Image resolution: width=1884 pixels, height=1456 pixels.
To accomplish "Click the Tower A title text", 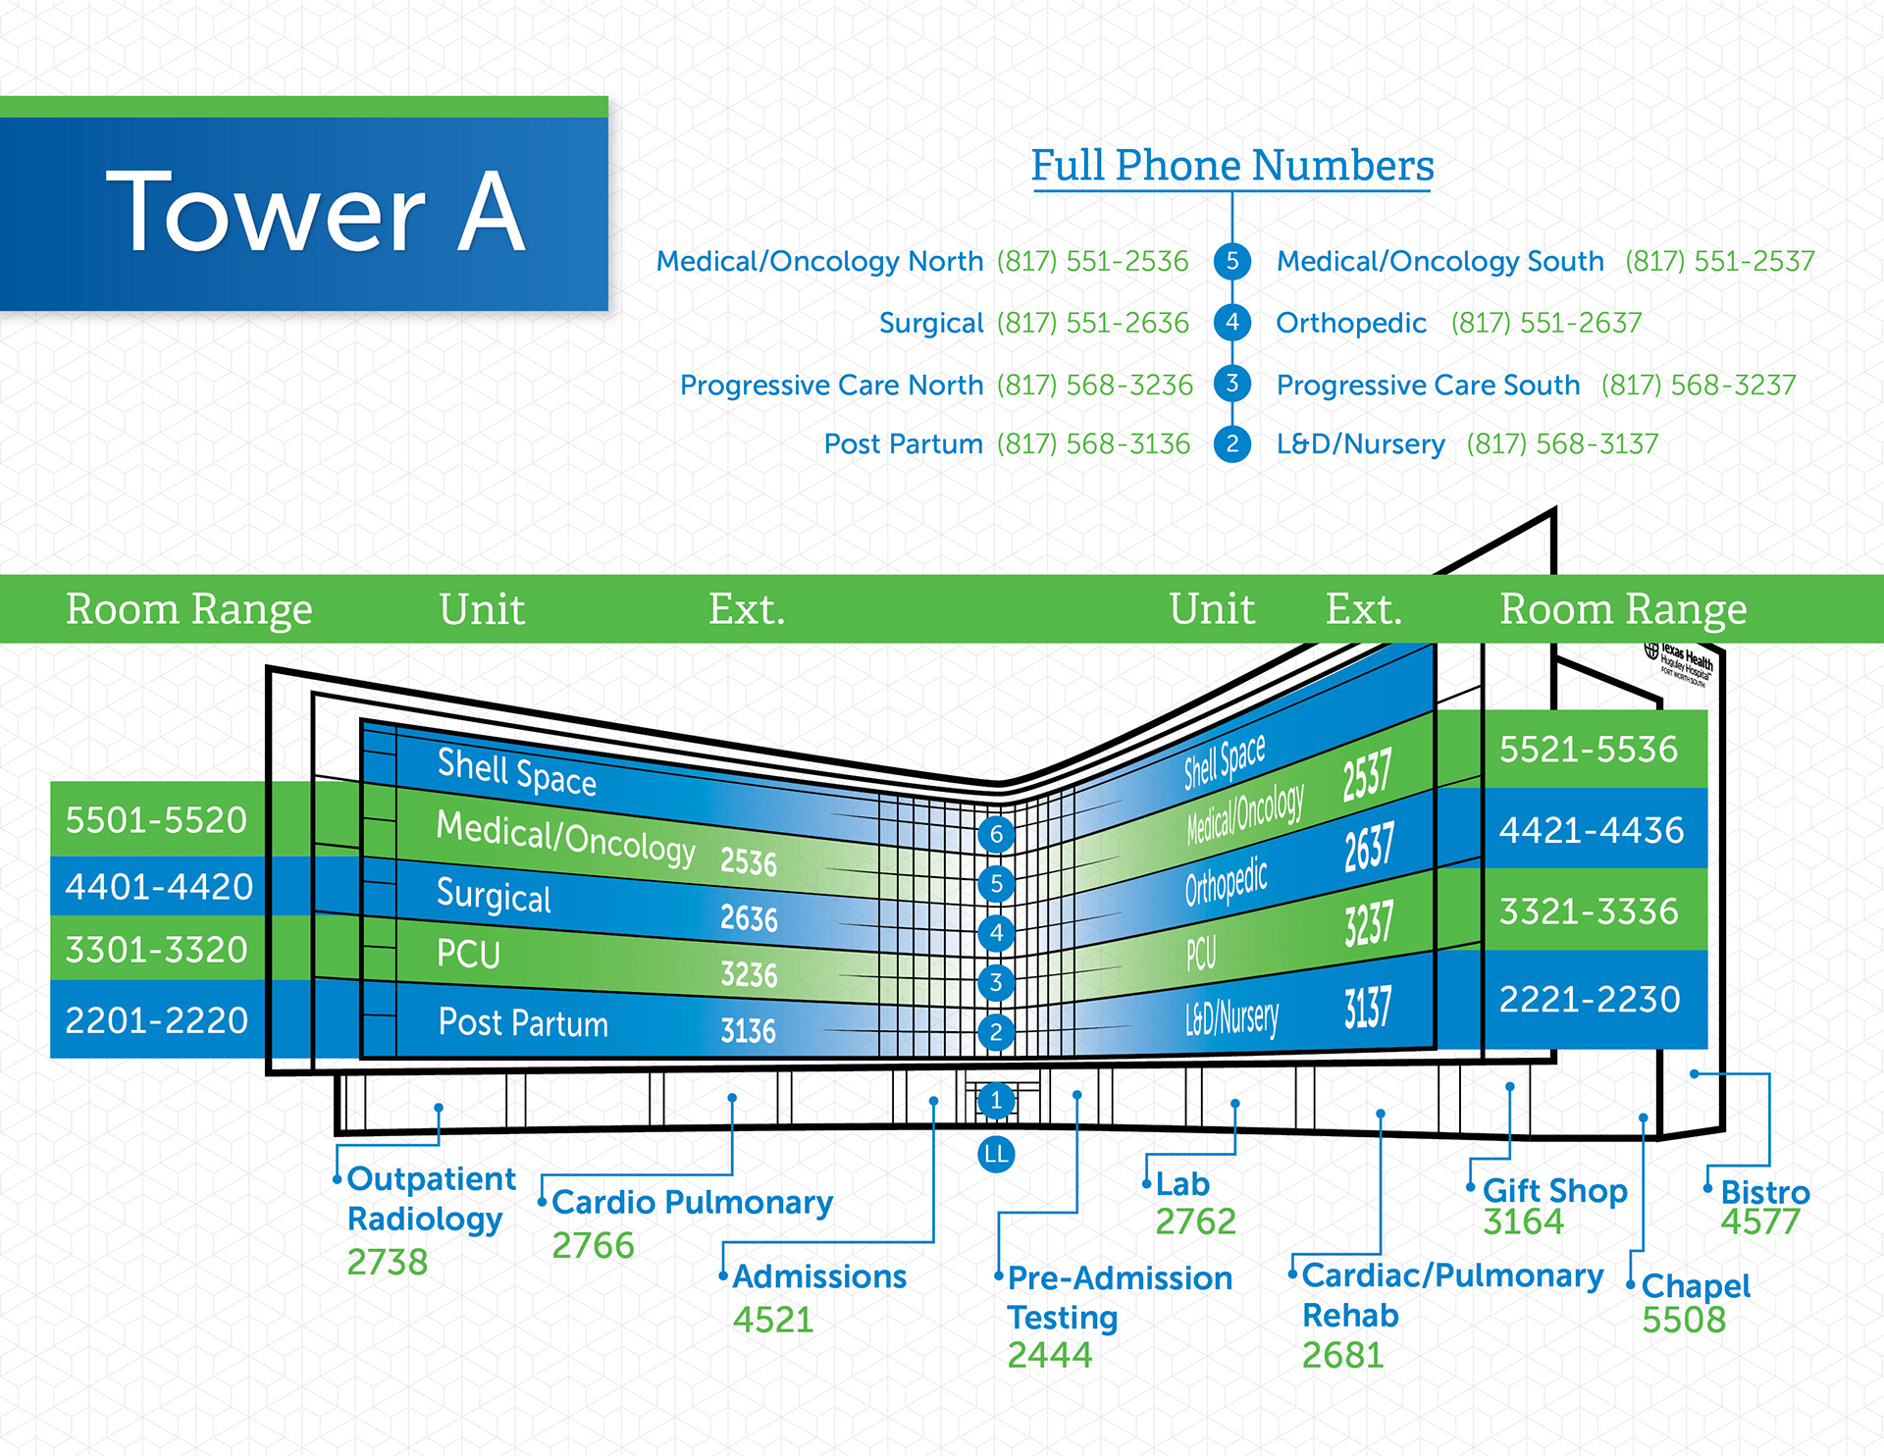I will coord(315,212).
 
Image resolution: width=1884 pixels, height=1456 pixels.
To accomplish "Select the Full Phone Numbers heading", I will coord(1231,165).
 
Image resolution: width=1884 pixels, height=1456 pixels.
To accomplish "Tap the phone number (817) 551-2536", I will coord(1092,261).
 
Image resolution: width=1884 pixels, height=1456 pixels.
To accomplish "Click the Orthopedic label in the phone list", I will coord(1350,323).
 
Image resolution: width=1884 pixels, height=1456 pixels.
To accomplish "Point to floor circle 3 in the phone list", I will coord(1231,384).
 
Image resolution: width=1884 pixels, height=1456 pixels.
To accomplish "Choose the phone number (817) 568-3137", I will coord(1561,444).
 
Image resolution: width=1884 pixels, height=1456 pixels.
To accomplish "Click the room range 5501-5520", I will coord(156,819).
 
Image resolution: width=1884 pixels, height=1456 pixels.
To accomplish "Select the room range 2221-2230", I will coord(1590,999).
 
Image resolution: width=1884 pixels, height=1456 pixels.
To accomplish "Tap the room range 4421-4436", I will coord(1591,830).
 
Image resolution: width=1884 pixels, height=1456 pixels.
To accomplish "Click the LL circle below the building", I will coord(995,1154).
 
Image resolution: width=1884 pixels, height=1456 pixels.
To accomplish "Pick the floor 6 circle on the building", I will coord(996,834).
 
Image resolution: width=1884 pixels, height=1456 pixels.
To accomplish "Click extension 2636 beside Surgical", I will coord(748,918).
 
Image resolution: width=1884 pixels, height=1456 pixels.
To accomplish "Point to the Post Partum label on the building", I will coord(523,1022).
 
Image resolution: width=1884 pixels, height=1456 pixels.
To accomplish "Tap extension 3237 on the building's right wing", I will coord(1368,923).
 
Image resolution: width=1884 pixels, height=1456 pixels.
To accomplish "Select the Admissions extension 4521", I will coord(773,1320).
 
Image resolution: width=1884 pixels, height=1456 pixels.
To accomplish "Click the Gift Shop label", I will coord(1554,1190).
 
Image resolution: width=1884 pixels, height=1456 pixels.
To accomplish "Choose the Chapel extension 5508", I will coord(1683,1320).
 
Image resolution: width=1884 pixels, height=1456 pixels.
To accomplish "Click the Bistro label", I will coord(1764,1192).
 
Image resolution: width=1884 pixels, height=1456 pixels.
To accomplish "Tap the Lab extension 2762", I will coord(1194,1222).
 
